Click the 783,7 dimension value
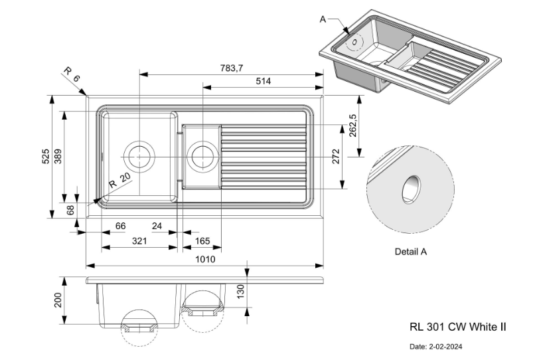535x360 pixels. tap(231, 68)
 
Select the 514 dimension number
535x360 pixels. tap(264, 81)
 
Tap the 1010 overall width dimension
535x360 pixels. tap(205, 259)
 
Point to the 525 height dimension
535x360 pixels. tap(45, 156)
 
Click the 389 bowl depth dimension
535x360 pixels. tap(58, 156)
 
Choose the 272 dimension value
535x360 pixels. tap(336, 156)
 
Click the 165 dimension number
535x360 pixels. tap(202, 241)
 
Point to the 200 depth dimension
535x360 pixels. tap(58, 300)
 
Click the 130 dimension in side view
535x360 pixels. tap(240, 290)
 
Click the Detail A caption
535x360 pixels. tap(410, 252)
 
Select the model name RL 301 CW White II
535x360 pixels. tap(458, 326)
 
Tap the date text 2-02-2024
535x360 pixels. tap(436, 347)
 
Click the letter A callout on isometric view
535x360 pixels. tap(323, 19)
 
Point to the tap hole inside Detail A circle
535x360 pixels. tap(411, 187)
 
